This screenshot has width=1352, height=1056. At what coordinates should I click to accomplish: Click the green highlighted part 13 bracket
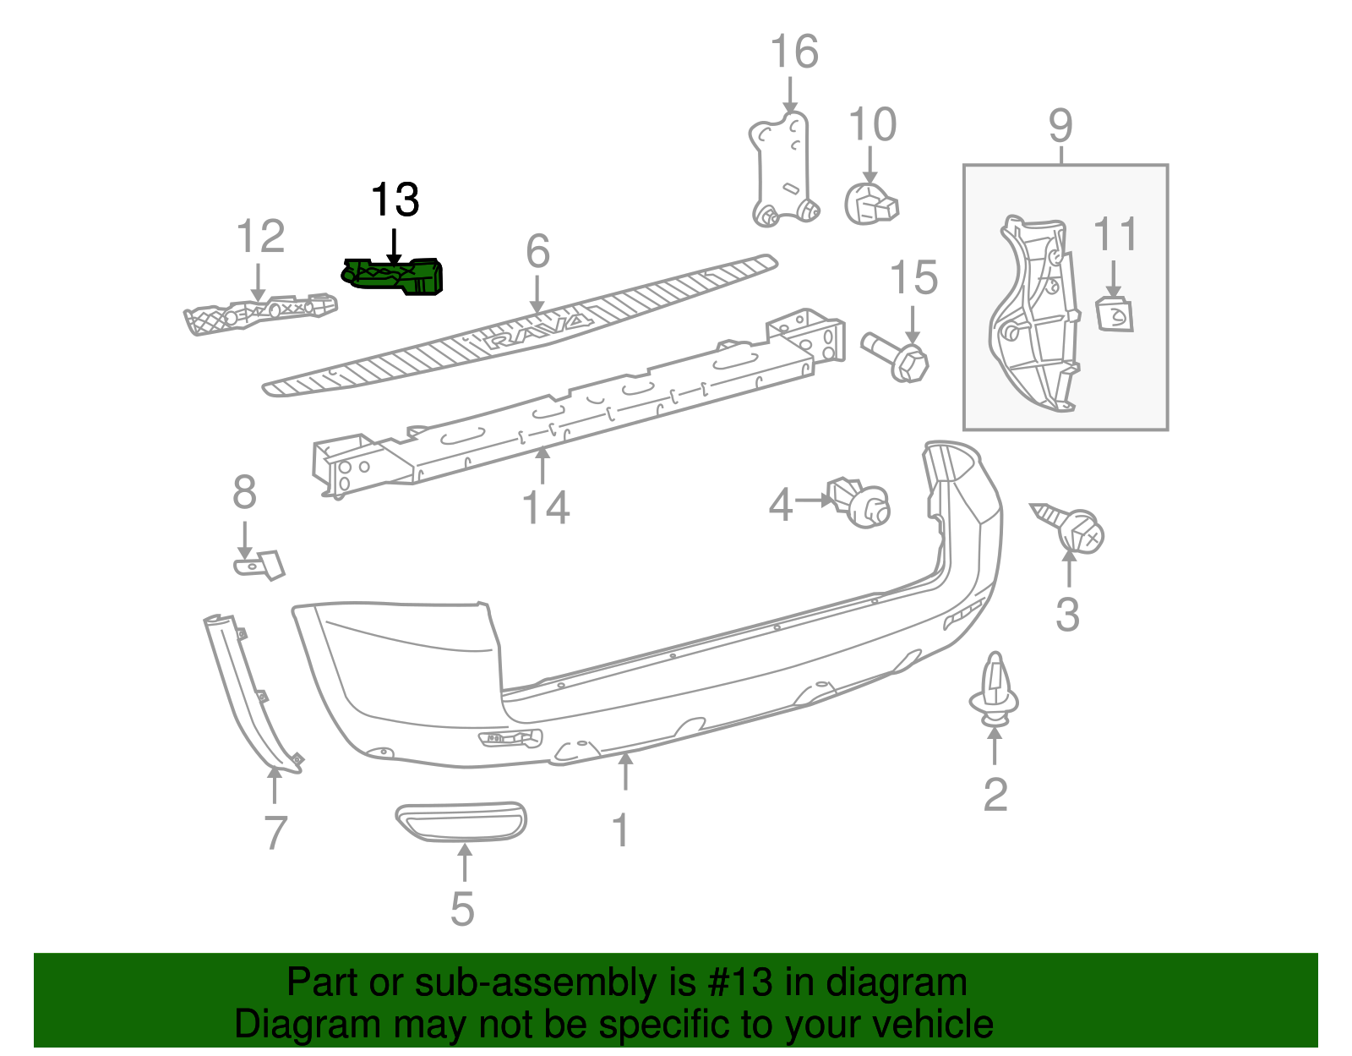coord(393,277)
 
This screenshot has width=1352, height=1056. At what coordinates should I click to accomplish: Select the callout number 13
coord(395,200)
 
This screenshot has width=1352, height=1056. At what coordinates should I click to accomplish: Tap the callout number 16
coord(793,52)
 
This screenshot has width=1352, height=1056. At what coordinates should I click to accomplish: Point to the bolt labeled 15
coord(897,358)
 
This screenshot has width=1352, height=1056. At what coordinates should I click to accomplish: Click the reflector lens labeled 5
coord(461,822)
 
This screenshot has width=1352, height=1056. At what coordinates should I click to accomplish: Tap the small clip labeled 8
coord(259,564)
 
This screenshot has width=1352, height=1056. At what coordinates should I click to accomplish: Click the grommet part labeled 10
coord(871,205)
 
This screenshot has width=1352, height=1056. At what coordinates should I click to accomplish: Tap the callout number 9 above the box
coord(1060,127)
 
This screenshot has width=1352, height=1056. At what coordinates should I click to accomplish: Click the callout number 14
coord(546,508)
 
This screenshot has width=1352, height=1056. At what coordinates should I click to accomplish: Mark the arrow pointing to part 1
coord(625,771)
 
